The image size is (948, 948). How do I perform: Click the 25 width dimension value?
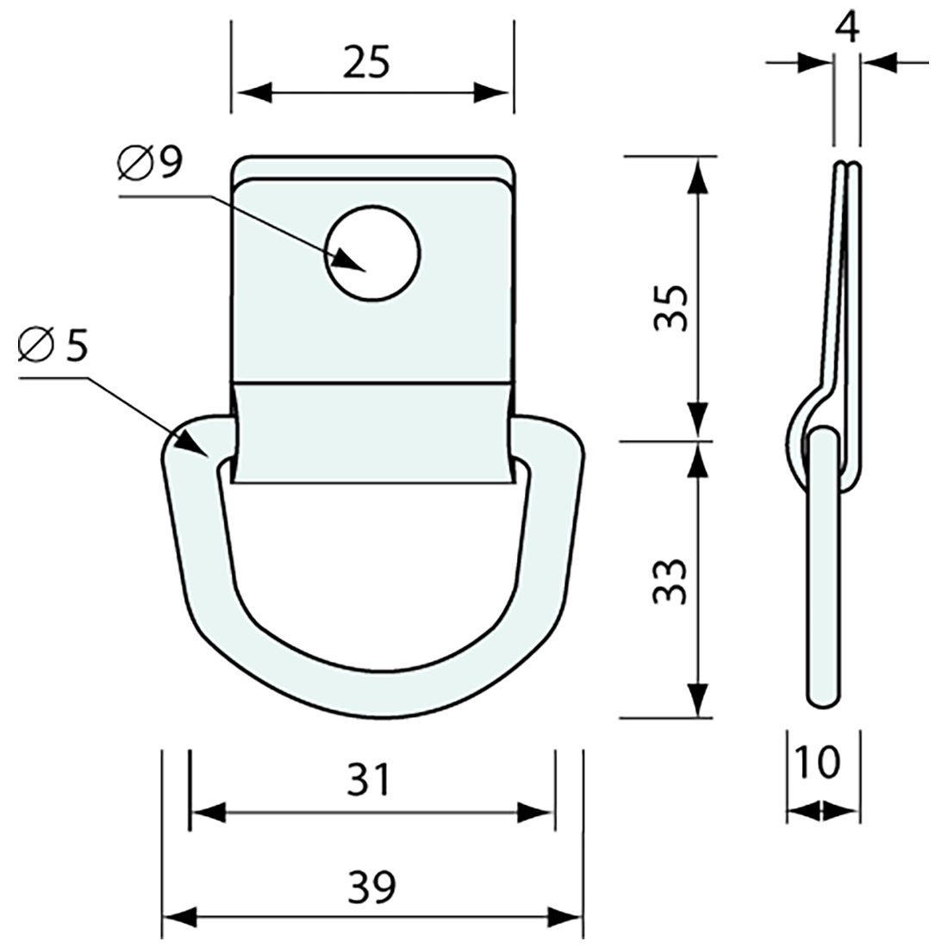click(x=365, y=63)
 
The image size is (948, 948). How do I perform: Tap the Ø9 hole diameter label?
click(x=151, y=162)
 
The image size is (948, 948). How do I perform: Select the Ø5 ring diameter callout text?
click(x=53, y=345)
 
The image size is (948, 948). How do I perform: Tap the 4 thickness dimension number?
click(x=847, y=29)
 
